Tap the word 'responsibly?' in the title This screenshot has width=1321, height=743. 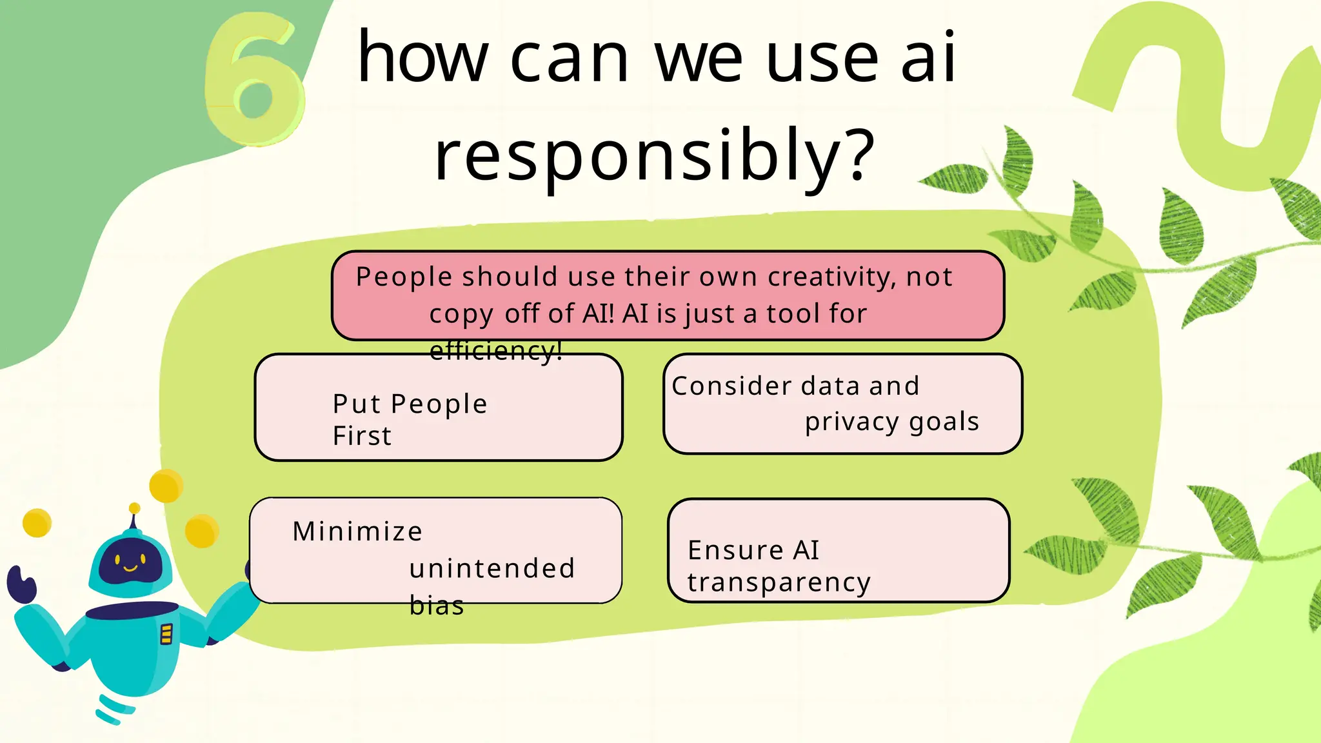pyautogui.click(x=654, y=155)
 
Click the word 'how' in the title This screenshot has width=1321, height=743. pyautogui.click(x=422, y=58)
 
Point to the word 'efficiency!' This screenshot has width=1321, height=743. pyautogui.click(x=495, y=351)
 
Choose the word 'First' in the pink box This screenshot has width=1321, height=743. pyautogui.click(x=362, y=436)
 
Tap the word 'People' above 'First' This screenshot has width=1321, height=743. pyautogui.click(x=439, y=404)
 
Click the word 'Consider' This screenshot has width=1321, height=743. pyautogui.click(x=722, y=386)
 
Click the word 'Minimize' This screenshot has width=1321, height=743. pyautogui.click(x=357, y=532)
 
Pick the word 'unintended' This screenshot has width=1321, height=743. pyautogui.click(x=492, y=569)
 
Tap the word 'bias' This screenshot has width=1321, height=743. pyautogui.click(x=437, y=606)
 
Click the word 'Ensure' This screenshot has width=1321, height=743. pyautogui.click(x=735, y=551)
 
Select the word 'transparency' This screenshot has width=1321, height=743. pyautogui.click(x=779, y=582)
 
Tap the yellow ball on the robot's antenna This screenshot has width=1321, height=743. pyautogui.click(x=134, y=508)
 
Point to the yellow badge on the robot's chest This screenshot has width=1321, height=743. pyautogui.click(x=166, y=634)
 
